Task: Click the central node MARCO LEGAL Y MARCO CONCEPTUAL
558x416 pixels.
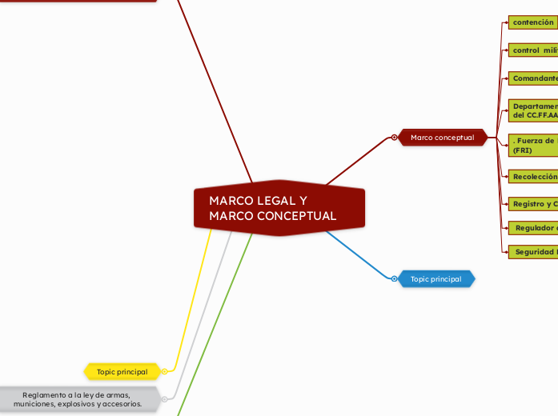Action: click(279, 208)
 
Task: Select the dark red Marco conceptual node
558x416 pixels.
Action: click(442, 138)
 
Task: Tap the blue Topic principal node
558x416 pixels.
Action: click(436, 279)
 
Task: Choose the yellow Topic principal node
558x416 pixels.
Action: click(122, 372)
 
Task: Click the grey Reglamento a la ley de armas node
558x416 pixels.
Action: click(78, 398)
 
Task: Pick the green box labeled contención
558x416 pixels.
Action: click(532, 22)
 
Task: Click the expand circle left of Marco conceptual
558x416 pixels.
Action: click(395, 138)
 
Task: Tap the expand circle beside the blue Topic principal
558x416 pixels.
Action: click(395, 279)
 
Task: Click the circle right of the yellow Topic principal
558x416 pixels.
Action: click(164, 371)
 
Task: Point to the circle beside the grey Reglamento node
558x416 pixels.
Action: click(164, 398)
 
